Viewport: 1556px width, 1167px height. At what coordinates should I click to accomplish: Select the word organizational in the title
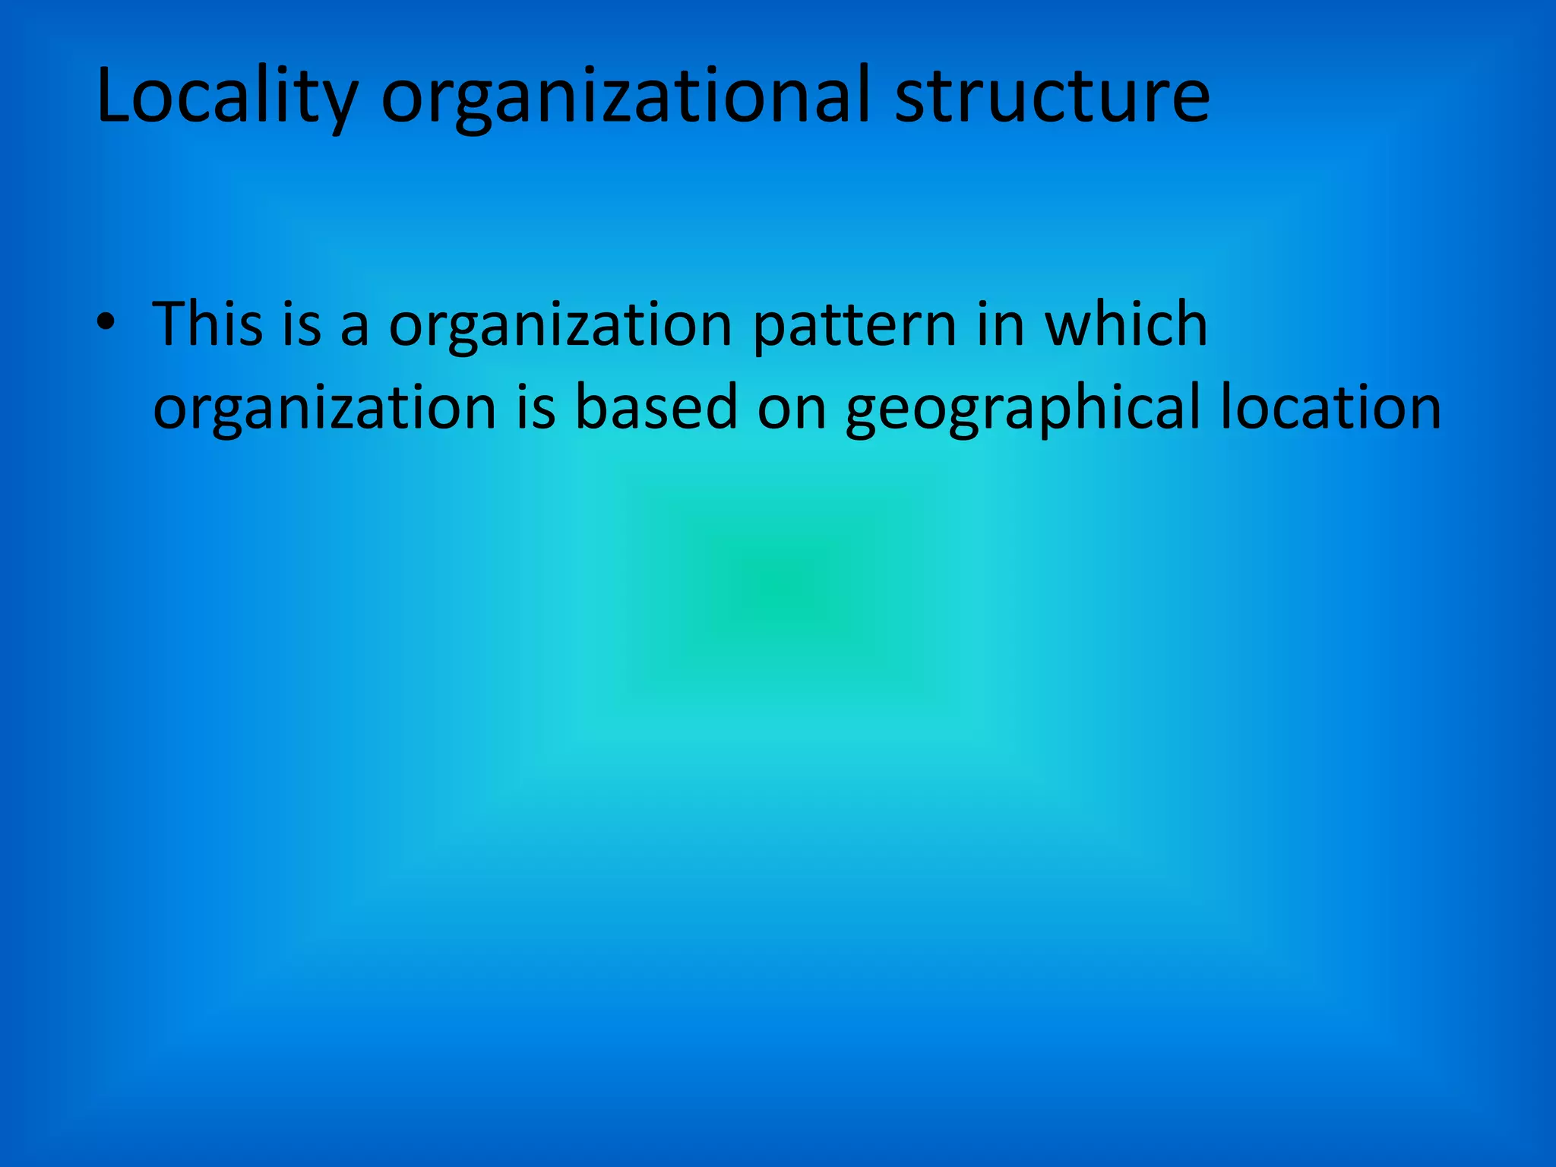624,96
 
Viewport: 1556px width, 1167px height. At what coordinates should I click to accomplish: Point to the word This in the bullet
207,324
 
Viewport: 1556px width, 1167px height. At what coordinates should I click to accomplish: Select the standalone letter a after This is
355,328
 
